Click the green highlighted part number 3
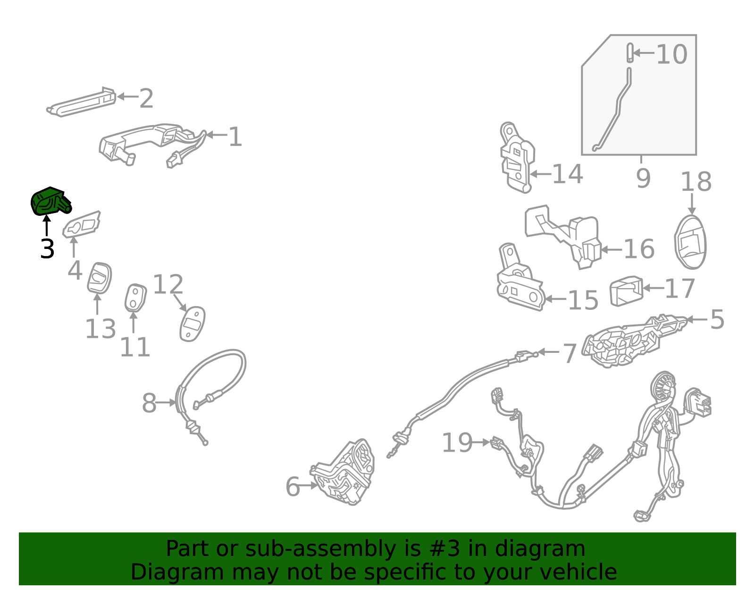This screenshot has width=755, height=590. tap(50, 202)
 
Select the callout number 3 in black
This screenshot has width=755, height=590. tap(47, 249)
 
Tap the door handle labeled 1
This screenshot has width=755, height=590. tap(153, 145)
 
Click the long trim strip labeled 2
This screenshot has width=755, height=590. tap(81, 102)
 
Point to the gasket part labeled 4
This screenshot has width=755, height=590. tap(81, 224)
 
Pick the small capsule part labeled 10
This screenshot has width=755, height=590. tap(629, 53)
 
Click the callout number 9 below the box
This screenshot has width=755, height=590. tap(643, 178)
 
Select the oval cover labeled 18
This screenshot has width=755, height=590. tap(690, 242)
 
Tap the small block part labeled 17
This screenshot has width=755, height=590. tap(626, 291)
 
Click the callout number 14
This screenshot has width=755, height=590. tap(567, 174)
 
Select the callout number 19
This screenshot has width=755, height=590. tap(457, 443)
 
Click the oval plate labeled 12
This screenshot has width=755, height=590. tap(192, 324)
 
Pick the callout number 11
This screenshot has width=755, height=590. tap(135, 347)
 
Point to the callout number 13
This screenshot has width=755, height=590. tap(101, 329)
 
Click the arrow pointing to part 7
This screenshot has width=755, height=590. tap(548, 352)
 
